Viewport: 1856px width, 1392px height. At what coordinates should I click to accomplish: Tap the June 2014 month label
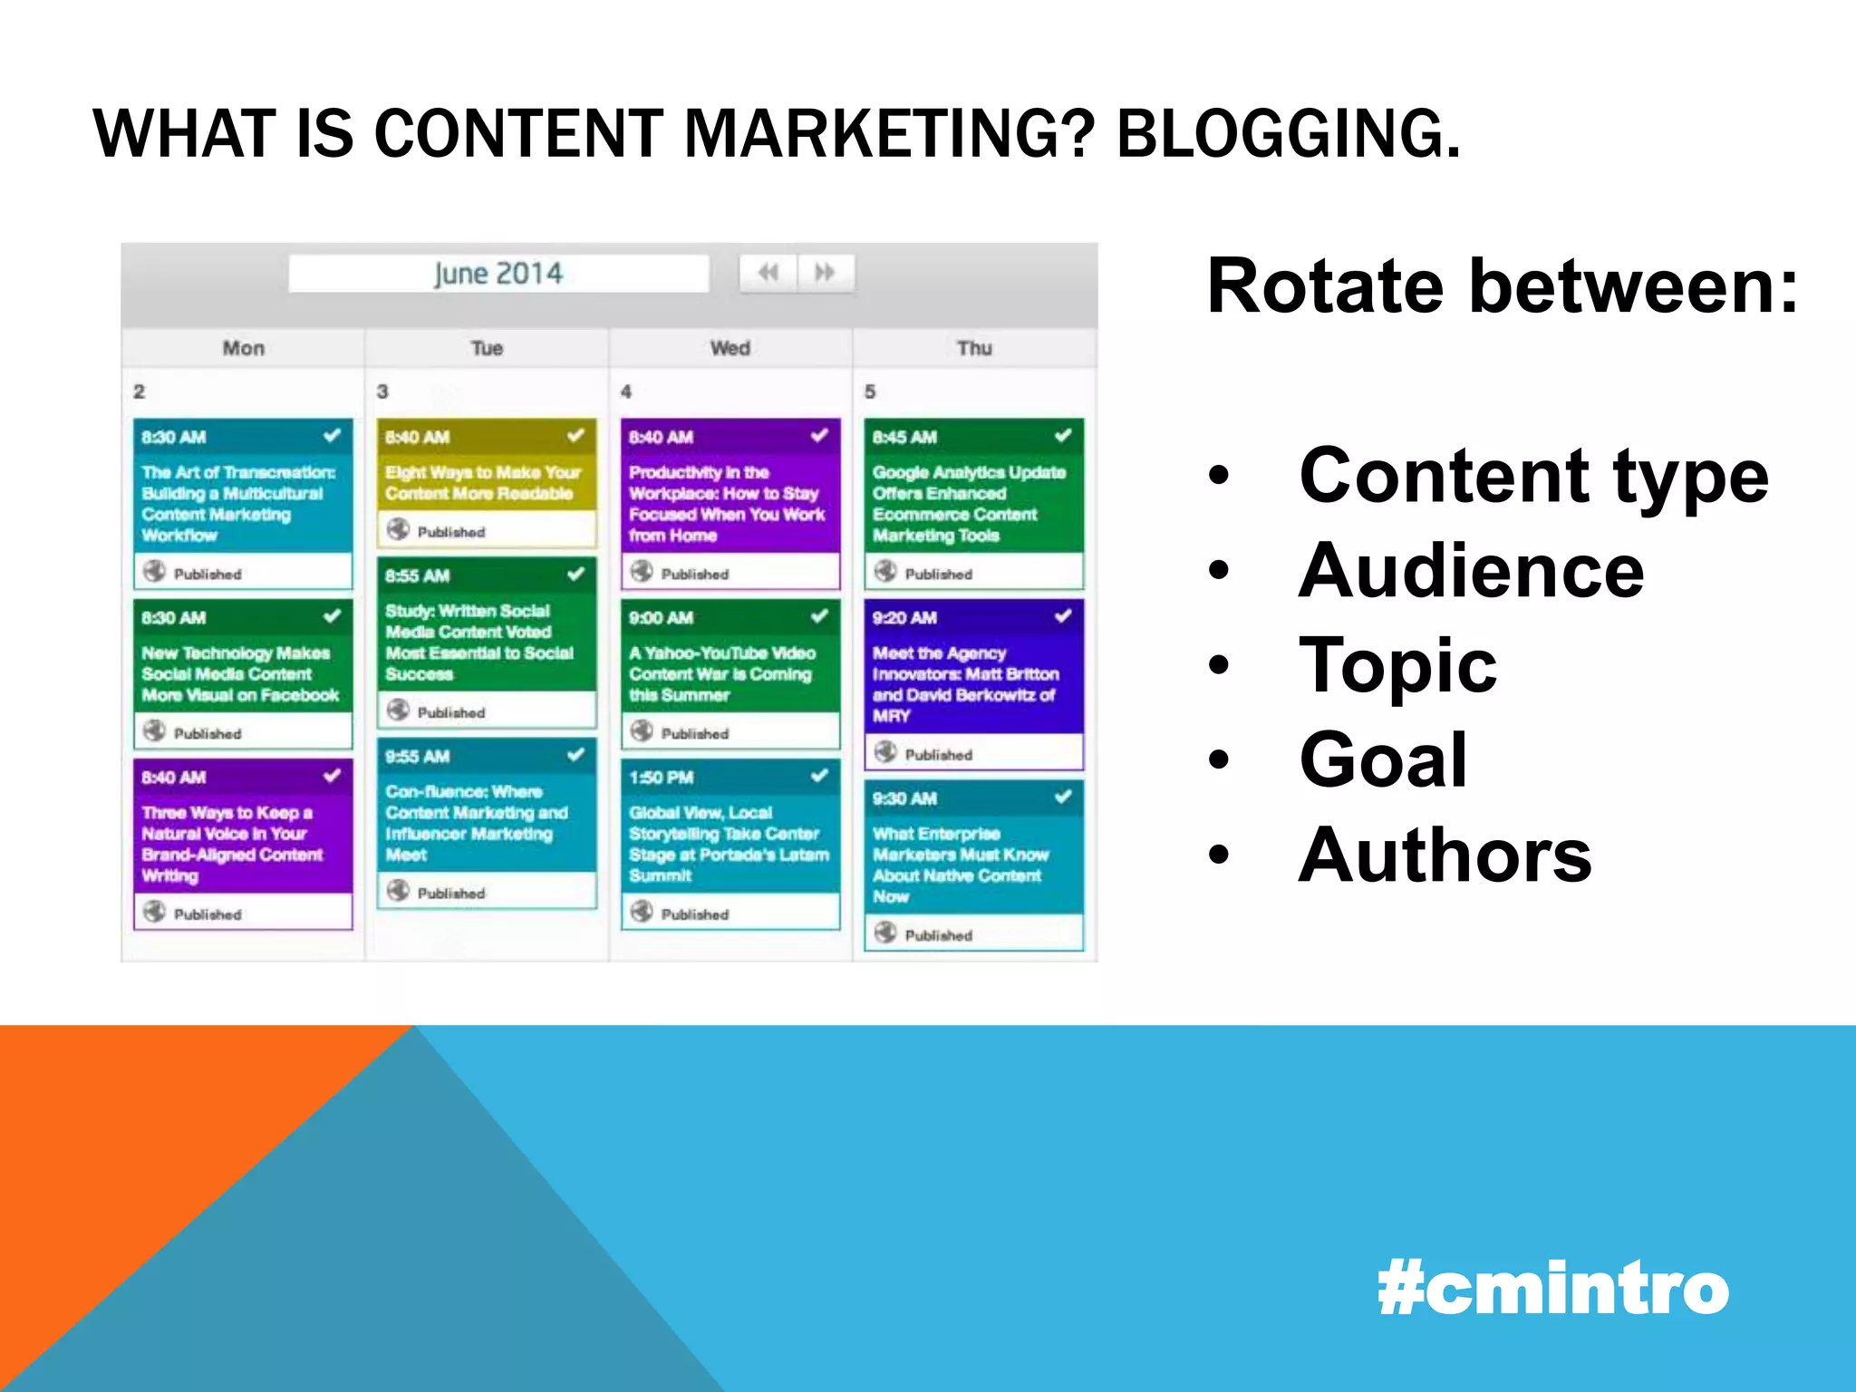coord(498,274)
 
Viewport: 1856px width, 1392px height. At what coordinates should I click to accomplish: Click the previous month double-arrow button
coord(768,273)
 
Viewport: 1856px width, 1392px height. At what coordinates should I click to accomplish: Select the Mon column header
coord(243,348)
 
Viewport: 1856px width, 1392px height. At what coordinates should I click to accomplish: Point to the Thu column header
coord(974,348)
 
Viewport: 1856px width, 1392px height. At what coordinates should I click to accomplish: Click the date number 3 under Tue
coord(382,391)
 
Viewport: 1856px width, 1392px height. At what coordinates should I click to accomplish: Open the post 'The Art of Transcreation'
coord(237,503)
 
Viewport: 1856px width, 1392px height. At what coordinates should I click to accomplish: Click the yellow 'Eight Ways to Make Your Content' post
coord(482,483)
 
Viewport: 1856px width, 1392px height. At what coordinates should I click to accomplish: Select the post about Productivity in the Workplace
coord(727,504)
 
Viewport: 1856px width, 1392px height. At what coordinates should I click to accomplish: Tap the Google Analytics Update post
coord(969,504)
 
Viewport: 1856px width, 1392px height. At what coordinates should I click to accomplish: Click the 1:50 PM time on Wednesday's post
coord(662,778)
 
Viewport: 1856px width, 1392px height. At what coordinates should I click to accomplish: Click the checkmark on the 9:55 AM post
coord(575,755)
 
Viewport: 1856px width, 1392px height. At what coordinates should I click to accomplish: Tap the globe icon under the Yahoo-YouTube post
coord(642,731)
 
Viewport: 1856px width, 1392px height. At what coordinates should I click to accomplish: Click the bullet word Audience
coord(1470,571)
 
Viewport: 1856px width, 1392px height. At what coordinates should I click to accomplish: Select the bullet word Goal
coord(1383,759)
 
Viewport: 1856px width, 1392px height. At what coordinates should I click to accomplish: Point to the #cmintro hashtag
coord(1552,1289)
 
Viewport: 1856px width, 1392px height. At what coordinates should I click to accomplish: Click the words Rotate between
coord(1502,286)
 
